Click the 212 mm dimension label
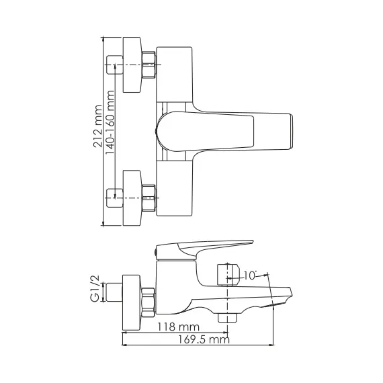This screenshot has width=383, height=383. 98,131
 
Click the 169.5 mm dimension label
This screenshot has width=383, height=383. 198,340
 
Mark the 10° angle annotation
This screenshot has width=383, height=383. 250,274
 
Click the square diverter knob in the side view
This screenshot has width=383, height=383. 227,271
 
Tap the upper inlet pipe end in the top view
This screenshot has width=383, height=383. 113,66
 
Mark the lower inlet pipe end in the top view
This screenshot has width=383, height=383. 113,196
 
